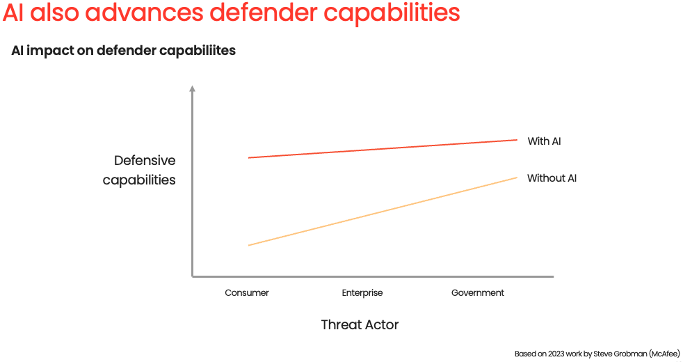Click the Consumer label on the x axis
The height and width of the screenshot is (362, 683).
coord(246,292)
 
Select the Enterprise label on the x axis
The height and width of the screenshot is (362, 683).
coord(362,292)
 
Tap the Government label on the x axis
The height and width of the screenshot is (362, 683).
coord(477,292)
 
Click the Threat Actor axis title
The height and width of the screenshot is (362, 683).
coord(360,324)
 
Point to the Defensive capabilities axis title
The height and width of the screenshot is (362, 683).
coord(139,170)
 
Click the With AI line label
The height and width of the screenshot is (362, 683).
coord(544,141)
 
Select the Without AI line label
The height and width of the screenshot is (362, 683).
coord(552,178)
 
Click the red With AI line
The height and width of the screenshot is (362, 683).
coord(383,149)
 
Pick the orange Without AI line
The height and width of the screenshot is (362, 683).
coord(383,212)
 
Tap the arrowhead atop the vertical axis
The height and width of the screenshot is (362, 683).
coord(192,88)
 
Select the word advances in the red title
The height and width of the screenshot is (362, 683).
coord(144,13)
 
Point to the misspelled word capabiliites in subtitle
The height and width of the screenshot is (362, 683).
coord(198,51)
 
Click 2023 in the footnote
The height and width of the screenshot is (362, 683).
coord(556,354)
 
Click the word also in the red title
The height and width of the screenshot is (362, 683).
coord(54,13)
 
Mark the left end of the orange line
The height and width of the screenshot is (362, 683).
coord(249,246)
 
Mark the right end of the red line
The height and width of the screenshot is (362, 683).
coord(517,140)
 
